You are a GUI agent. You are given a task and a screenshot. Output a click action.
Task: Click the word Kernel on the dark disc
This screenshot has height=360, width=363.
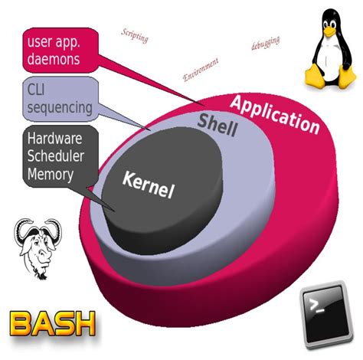pyautogui.click(x=149, y=184)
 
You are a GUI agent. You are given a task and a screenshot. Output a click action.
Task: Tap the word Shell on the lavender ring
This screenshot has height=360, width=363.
pyautogui.click(x=218, y=123)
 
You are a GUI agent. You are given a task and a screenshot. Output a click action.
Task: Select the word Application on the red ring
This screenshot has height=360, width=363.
pyautogui.click(x=274, y=113)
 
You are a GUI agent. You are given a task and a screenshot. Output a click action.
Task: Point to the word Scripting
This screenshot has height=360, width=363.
pyautogui.click(x=135, y=34)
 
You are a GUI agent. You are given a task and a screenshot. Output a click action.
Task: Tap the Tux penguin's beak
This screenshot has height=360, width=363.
pyautogui.click(x=329, y=31)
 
